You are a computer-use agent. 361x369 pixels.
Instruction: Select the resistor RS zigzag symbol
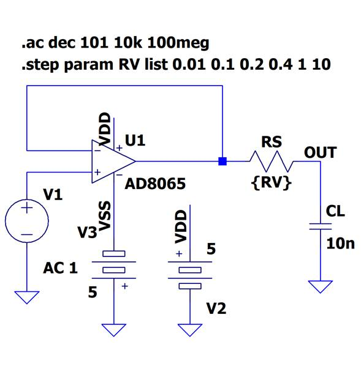(272, 162)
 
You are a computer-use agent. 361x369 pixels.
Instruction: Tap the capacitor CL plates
(320, 226)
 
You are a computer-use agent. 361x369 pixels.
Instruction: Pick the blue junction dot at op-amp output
(222, 162)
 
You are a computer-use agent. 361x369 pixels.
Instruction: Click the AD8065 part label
(155, 184)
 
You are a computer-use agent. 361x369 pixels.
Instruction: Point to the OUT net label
(320, 152)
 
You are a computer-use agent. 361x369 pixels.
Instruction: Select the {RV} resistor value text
(272, 182)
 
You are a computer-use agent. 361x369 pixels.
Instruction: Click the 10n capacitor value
(340, 244)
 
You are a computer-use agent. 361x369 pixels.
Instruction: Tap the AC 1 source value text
(60, 268)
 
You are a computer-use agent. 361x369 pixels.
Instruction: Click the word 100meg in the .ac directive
(178, 43)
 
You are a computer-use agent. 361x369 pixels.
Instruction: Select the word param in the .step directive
(89, 64)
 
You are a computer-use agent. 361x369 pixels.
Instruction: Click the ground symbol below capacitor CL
(320, 286)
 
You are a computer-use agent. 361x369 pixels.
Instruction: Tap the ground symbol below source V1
(27, 297)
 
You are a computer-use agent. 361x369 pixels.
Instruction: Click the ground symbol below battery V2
(189, 330)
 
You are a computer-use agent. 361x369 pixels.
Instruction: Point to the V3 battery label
(87, 233)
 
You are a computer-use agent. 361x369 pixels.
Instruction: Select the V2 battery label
(216, 308)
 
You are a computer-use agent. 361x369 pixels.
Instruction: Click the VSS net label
(105, 215)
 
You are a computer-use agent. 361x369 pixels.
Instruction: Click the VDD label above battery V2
(181, 226)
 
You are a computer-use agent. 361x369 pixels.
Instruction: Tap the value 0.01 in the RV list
(189, 64)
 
